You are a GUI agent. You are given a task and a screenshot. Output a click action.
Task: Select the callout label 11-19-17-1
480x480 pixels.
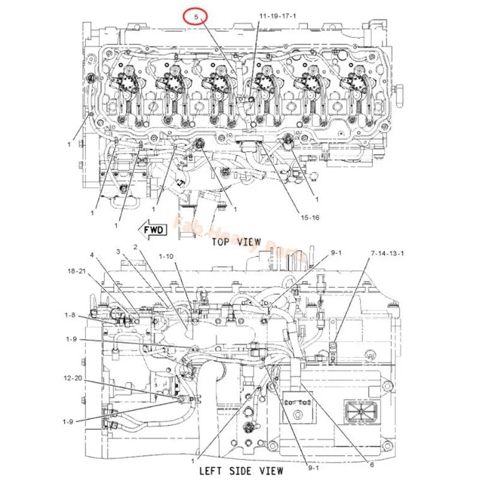tap(277, 16)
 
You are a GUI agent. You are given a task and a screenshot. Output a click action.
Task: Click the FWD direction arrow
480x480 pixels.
tap(151, 228)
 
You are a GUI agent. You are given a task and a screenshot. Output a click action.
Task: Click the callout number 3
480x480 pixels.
tap(118, 251)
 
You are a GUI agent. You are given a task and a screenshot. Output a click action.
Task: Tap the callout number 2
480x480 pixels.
tap(136, 247)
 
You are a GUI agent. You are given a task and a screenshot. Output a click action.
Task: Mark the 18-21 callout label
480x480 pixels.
tap(76, 272)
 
